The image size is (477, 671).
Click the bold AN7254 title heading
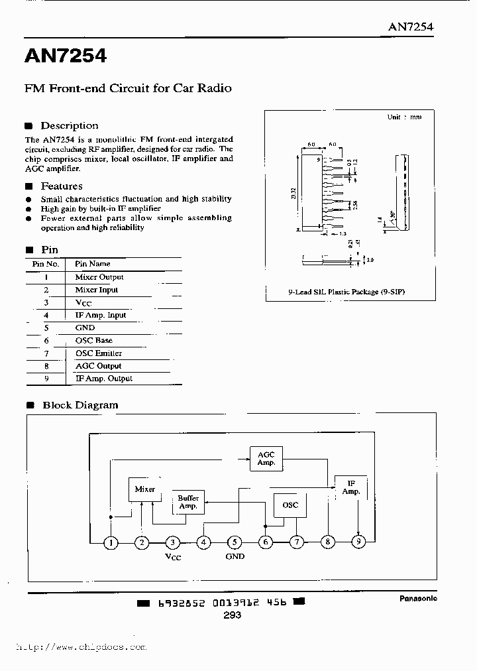pos(66,56)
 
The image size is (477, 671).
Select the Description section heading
pos(69,126)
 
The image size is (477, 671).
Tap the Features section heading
pos(62,186)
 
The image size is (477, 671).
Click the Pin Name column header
pos(93,264)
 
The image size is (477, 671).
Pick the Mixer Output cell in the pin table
pos(99,277)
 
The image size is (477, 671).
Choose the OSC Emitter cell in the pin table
pos(99,353)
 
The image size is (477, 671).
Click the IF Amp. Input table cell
pos(101,316)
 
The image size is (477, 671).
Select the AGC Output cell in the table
pos(99,366)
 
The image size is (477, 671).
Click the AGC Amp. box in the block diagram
pos(266,458)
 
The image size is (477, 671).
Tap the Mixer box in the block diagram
pos(145,489)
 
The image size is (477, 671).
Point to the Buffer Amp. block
pos(188,503)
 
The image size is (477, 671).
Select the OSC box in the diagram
pos(290,505)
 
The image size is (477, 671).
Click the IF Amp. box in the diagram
pos(351,488)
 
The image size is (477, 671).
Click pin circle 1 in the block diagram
pos(111,543)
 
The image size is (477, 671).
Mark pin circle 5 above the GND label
pos(234,543)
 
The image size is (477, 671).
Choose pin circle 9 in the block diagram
pos(358,543)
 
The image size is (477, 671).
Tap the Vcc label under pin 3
pos(172,557)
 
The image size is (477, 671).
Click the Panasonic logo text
pos(418,598)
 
